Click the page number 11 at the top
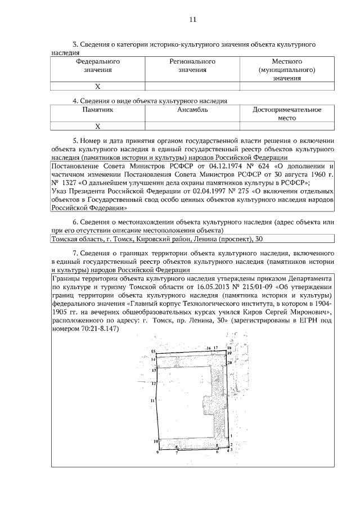coord(193,20)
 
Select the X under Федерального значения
coord(97,87)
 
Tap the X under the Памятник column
coord(97,127)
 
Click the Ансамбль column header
coord(192,110)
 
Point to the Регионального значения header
coord(192,65)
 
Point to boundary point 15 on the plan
coord(152,351)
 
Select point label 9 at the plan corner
coord(157,452)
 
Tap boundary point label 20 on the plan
coord(230,363)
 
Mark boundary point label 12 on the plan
coord(153,383)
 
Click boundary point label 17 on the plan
coord(215,348)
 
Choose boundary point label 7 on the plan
coord(177,452)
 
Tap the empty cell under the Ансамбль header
coord(192,127)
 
